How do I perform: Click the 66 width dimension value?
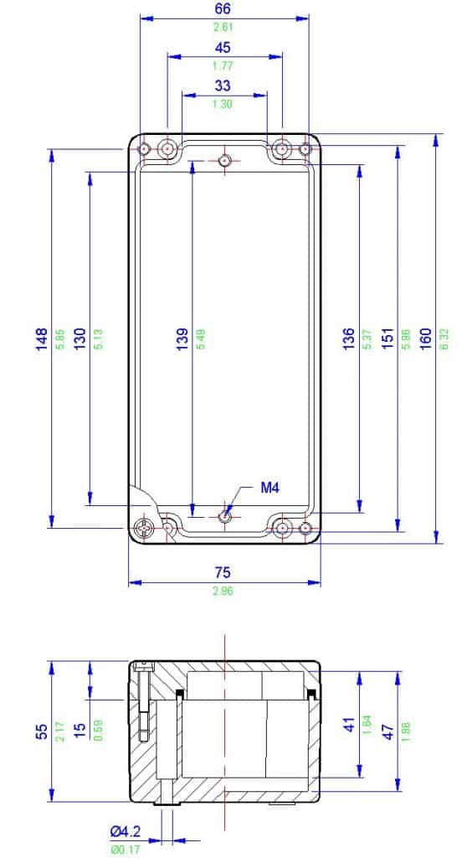(x=223, y=8)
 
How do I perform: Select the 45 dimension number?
(x=223, y=48)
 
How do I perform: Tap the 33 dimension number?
(x=223, y=85)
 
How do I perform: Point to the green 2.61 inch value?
(x=223, y=27)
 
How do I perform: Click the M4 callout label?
(x=269, y=488)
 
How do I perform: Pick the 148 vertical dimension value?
(x=41, y=339)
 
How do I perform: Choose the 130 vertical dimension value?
(x=80, y=339)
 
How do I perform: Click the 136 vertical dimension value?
(x=349, y=339)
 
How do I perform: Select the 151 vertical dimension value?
(x=387, y=339)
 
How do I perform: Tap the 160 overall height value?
(x=426, y=339)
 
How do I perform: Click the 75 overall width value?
(x=223, y=573)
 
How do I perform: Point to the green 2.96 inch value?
(x=223, y=591)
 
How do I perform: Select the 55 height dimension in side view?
(x=41, y=731)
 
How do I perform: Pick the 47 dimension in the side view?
(x=387, y=731)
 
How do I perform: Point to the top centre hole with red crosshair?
(x=224, y=160)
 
